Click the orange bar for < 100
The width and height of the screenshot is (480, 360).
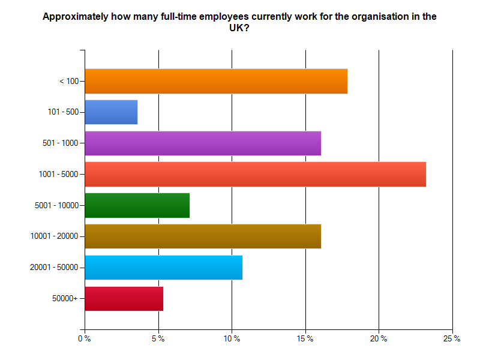(x=216, y=81)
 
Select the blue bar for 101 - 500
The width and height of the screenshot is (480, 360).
(x=111, y=112)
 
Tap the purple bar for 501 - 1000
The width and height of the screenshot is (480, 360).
(x=203, y=143)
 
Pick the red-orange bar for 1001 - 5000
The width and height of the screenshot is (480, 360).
(x=255, y=175)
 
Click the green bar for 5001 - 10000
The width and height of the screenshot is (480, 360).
(x=137, y=205)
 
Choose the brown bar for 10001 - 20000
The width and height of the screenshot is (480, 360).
(x=203, y=236)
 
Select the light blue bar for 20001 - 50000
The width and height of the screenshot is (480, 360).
(x=163, y=268)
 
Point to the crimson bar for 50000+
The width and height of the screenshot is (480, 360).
(x=124, y=299)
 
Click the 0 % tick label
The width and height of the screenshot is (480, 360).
(x=85, y=339)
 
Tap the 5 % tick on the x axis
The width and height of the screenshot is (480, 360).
(x=158, y=339)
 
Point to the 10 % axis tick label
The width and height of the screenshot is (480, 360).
(x=232, y=339)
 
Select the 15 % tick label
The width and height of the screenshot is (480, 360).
(x=305, y=339)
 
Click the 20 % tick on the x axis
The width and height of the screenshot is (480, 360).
(x=379, y=339)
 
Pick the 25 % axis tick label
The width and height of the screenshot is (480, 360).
(x=452, y=339)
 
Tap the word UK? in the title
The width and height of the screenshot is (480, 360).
(x=239, y=28)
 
